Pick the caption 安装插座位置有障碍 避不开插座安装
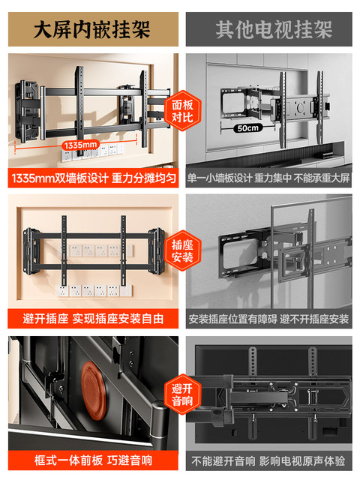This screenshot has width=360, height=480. (x=268, y=319)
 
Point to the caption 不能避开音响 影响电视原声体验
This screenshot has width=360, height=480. (x=268, y=460)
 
